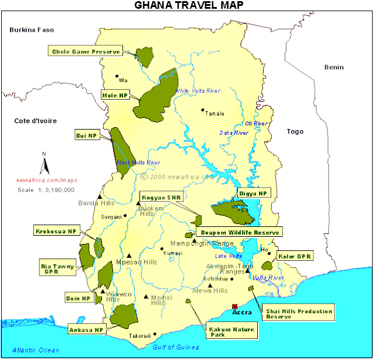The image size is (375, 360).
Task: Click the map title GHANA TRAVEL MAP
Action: (x=188, y=6)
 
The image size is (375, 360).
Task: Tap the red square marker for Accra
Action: (x=235, y=306)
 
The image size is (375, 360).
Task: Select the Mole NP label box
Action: (x=115, y=95)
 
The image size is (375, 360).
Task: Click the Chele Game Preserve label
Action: (x=86, y=52)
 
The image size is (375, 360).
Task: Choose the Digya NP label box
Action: (x=253, y=193)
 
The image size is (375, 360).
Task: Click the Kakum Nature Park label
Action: (x=231, y=332)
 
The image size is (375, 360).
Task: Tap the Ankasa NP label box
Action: (x=87, y=330)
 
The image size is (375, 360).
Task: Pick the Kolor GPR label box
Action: (x=294, y=257)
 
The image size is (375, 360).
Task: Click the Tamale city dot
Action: (x=203, y=110)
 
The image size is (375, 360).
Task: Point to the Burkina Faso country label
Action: (x=32, y=29)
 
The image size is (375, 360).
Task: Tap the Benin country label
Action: (x=333, y=67)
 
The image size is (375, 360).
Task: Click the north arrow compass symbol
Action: (x=43, y=164)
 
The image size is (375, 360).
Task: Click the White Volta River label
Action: (x=197, y=91)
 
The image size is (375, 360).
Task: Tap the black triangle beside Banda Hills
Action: (x=100, y=196)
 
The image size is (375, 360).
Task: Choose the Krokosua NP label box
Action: (x=56, y=230)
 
